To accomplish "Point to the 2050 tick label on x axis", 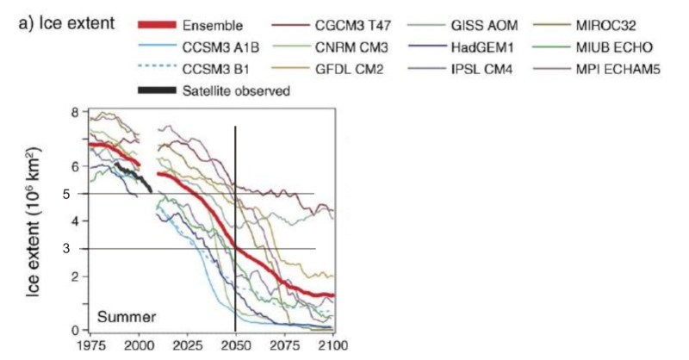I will pyautogui.click(x=235, y=346).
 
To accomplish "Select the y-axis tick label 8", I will pyautogui.click(x=75, y=112).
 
